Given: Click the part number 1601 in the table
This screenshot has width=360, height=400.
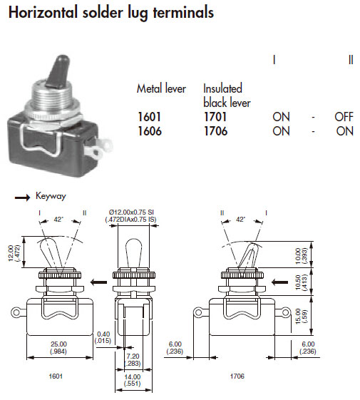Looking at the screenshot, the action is tap(150, 117).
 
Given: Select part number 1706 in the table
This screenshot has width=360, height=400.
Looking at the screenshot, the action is tap(215, 131).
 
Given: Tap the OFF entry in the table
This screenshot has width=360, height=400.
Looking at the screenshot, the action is tap(344, 117).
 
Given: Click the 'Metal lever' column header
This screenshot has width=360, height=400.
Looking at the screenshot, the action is tap(161, 88).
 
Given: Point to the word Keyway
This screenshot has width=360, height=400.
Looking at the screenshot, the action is tap(51, 196).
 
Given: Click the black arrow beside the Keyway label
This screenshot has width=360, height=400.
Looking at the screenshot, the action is tap(22, 198).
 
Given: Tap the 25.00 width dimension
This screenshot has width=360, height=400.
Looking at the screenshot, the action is tap(58, 344).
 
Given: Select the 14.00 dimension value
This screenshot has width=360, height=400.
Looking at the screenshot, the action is tap(133, 376).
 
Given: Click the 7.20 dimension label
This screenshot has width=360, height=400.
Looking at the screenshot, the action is tap(133, 356).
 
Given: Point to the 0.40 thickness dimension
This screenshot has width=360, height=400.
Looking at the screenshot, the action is tap(103, 334).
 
